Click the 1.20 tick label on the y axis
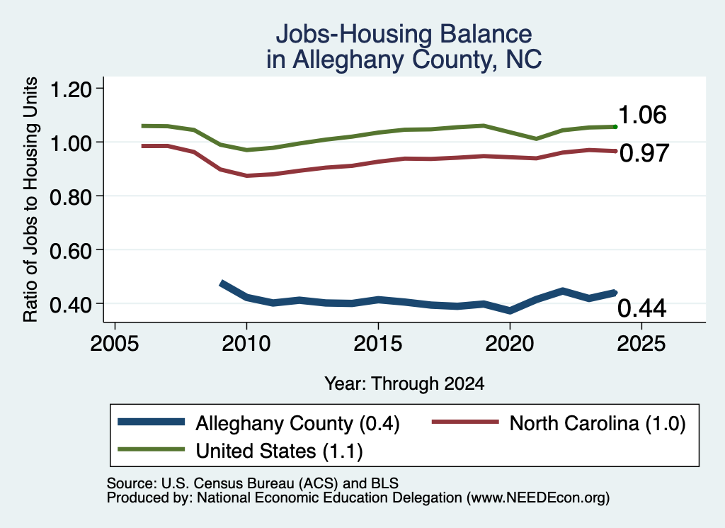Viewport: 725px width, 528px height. (x=70, y=89)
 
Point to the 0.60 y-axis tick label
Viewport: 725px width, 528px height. (x=70, y=251)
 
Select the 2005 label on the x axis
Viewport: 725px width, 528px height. (x=115, y=344)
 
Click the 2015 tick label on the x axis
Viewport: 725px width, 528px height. (x=378, y=344)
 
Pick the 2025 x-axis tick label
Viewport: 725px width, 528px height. (x=641, y=344)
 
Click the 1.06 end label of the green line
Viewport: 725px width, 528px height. (x=641, y=115)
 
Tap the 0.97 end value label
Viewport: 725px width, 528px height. (x=644, y=153)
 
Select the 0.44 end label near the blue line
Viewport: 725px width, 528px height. (x=641, y=308)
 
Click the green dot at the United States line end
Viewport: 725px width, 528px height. (x=615, y=127)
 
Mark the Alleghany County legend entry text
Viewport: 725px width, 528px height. (x=297, y=423)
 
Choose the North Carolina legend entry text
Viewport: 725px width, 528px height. (x=598, y=423)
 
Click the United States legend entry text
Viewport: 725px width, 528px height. (x=279, y=451)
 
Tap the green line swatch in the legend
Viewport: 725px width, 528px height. (x=152, y=449)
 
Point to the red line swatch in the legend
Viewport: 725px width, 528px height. (x=465, y=422)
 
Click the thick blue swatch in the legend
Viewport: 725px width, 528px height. (x=152, y=422)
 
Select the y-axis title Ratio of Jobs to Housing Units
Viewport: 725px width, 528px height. (x=30, y=199)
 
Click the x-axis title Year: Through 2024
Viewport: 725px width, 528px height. (x=404, y=383)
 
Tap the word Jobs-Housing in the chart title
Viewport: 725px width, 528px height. (x=354, y=34)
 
